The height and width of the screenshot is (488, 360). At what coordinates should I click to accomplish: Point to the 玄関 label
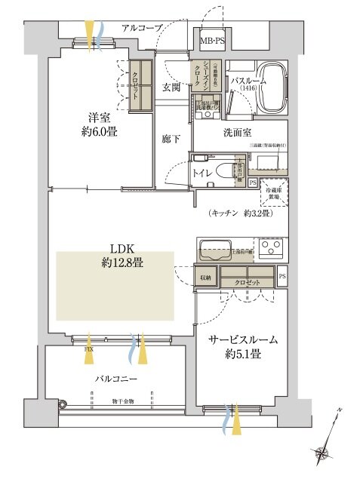tap(171, 87)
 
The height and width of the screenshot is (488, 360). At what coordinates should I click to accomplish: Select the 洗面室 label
tap(237, 133)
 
